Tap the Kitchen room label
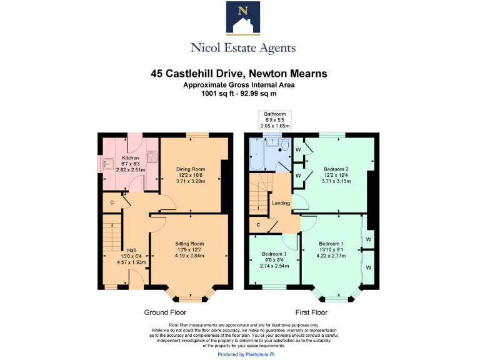pyautogui.click(x=130, y=157)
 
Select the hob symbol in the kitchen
pyautogui.click(x=151, y=156)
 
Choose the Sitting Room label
pyautogui.click(x=189, y=243)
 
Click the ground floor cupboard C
pyautogui.click(x=112, y=202)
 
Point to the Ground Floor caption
pyautogui.click(x=165, y=312)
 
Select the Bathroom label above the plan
pyautogui.click(x=274, y=114)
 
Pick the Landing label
pyautogui.click(x=281, y=202)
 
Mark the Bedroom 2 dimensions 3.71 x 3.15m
pyautogui.click(x=336, y=182)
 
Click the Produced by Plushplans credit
pyautogui.click(x=240, y=354)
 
